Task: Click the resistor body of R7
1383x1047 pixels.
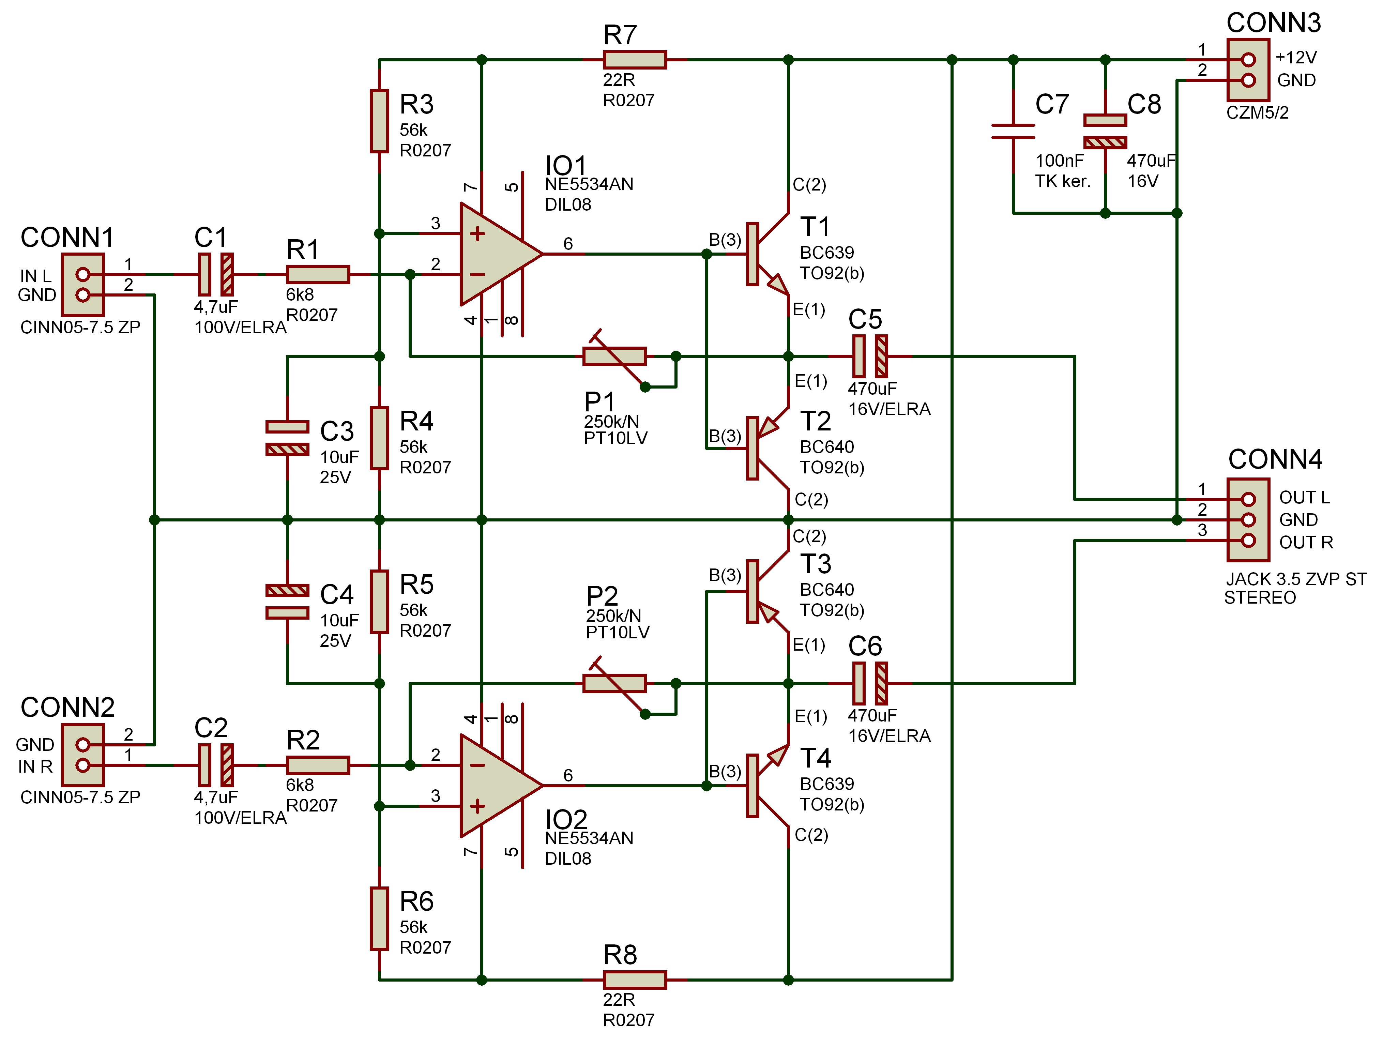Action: coord(635,60)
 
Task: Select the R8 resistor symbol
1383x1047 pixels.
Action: coord(635,980)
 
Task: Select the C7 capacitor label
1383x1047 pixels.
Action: coord(1052,104)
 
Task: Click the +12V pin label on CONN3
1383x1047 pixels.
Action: coord(1296,58)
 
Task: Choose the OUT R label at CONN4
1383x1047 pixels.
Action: coord(1306,543)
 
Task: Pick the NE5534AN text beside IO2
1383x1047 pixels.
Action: coord(589,838)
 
